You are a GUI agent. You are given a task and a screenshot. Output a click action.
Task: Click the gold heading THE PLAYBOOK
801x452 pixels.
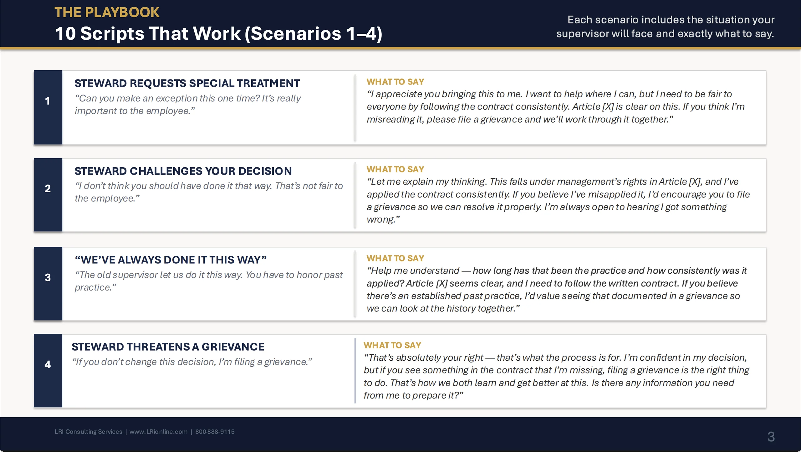pos(107,13)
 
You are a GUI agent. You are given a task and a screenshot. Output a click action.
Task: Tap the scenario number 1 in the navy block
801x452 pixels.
pos(48,101)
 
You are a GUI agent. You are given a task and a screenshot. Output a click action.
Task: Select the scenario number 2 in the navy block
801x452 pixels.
pos(48,188)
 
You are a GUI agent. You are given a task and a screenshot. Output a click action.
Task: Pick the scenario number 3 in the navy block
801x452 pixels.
pos(48,277)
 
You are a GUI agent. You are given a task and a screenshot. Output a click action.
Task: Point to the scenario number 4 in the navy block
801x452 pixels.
pos(48,364)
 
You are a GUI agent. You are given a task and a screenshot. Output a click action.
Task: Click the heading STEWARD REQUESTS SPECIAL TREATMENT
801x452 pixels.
pos(187,83)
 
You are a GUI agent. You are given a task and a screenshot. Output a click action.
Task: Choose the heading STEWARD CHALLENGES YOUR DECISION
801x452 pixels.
pos(183,171)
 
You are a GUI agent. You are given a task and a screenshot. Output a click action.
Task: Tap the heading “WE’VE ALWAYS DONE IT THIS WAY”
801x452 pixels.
pos(171,260)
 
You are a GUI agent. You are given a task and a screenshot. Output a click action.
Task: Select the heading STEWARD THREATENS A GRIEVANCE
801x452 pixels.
pos(168,347)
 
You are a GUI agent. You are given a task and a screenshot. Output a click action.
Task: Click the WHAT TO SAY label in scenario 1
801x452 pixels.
pos(395,82)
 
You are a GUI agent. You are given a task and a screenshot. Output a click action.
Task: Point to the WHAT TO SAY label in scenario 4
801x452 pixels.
pos(392,345)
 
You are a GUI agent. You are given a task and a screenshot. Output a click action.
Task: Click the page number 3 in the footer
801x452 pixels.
pos(771,437)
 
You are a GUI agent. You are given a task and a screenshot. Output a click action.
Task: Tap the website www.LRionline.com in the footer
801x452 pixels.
pos(158,432)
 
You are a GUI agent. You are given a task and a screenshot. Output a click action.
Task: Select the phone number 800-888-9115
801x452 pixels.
pos(215,432)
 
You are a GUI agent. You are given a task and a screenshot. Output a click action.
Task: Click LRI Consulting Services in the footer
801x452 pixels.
pos(88,432)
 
